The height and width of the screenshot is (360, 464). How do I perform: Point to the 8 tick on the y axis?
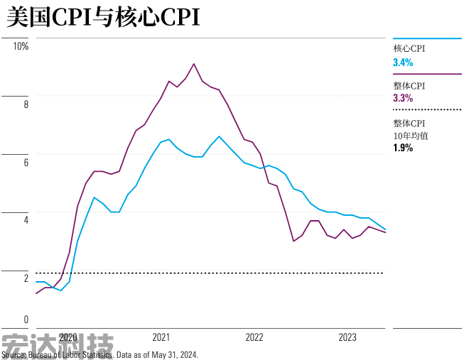tap(26, 104)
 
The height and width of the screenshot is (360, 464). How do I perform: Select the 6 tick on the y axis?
tap(26, 163)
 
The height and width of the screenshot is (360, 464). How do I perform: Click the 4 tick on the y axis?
tap(26, 220)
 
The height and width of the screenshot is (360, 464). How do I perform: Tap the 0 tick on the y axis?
tap(26, 320)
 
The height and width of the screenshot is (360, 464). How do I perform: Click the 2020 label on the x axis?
tap(68, 337)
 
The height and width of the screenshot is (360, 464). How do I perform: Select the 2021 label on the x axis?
tap(161, 337)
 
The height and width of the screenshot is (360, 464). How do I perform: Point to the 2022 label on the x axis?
tap(254, 337)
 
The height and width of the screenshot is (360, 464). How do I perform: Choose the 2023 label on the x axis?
tap(347, 337)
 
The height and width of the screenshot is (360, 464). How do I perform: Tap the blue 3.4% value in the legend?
tap(403, 62)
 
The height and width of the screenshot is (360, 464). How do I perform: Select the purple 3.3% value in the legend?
tap(403, 99)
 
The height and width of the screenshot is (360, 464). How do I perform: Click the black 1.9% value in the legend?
tap(403, 148)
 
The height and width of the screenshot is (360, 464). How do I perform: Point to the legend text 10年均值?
tap(411, 135)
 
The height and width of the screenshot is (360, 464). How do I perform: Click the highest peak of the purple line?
tap(194, 64)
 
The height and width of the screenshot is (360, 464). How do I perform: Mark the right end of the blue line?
tap(385, 229)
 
